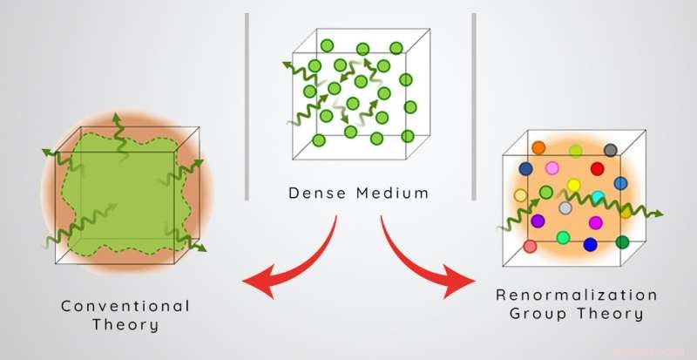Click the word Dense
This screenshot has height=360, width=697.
click(x=315, y=193)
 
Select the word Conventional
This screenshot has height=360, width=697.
click(x=125, y=306)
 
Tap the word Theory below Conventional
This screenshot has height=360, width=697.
click(x=125, y=326)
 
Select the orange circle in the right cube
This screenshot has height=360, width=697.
click(x=538, y=148)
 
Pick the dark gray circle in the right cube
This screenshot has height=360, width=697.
click(x=610, y=150)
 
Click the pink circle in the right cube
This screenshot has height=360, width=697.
click(x=551, y=166)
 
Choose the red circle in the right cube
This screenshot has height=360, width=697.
click(x=597, y=168)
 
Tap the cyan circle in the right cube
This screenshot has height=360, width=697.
click(x=598, y=197)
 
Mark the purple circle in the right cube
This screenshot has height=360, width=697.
click(x=538, y=221)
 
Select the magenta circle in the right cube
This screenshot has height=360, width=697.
click(x=597, y=221)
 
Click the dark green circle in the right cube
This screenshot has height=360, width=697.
click(x=621, y=241)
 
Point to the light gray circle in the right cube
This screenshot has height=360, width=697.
click(x=565, y=207)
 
